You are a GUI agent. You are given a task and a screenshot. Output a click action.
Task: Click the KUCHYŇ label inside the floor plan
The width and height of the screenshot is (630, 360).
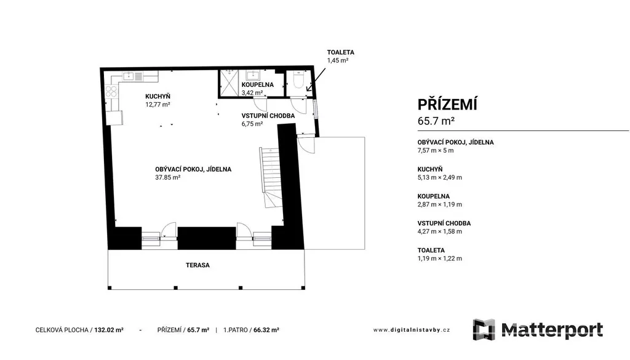tap(157, 97)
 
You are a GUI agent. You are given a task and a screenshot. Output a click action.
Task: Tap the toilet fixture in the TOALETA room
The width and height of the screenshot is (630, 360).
tap(298, 79)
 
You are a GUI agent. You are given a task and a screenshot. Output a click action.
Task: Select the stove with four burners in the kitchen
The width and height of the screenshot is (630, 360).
tap(111, 92)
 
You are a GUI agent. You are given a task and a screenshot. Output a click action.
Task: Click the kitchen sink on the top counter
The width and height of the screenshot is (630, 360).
tap(133, 76)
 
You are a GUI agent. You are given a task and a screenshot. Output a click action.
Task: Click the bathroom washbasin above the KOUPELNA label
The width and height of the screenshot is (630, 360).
tap(253, 75)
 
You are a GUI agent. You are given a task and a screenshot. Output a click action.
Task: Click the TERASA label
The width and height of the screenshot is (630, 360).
tap(197, 265)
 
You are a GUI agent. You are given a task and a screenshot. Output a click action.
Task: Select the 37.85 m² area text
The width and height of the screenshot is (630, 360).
tap(167, 177)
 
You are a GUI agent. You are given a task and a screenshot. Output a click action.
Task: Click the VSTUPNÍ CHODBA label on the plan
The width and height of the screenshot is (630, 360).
tap(268, 116)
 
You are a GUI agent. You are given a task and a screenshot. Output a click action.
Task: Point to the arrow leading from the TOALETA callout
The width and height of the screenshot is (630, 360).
tap(316, 80)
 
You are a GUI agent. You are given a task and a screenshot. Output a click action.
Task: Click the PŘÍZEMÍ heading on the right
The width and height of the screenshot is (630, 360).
tap(447, 105)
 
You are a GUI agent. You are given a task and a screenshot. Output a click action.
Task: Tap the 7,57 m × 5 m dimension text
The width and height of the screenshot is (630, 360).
tap(436, 151)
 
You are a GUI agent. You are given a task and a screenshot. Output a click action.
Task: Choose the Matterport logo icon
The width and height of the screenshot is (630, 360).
tap(484, 329)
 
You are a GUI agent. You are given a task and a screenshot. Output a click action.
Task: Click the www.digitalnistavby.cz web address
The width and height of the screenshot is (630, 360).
tap(412, 330)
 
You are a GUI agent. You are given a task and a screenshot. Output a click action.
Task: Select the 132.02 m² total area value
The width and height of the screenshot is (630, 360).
tap(109, 330)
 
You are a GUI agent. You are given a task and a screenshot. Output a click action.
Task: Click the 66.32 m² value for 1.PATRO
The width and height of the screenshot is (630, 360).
tap(266, 330)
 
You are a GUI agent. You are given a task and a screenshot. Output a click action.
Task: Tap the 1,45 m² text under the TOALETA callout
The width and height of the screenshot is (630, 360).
tap(338, 61)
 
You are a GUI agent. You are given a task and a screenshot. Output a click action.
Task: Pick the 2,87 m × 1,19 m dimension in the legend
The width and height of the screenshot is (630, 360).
tap(439, 204)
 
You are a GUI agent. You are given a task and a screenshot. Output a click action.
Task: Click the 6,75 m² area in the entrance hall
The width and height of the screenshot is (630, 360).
tap(252, 124)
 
